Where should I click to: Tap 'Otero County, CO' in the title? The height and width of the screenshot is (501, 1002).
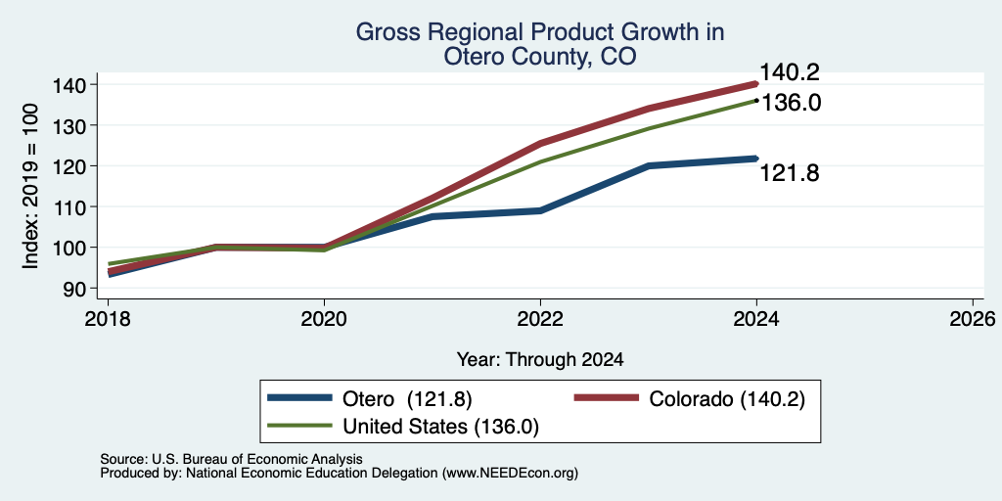point(540,56)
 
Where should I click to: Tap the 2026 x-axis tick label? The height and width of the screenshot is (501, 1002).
point(973,319)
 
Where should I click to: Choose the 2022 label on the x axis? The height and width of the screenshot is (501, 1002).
point(540,319)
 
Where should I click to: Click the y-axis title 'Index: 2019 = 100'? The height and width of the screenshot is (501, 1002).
point(30,187)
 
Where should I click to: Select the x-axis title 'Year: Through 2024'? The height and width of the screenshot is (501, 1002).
point(540,360)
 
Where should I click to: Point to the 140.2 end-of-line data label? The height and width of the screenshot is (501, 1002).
point(790,72)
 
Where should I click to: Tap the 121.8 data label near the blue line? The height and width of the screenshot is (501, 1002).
point(790,173)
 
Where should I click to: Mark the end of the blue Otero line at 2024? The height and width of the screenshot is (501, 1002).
point(756,159)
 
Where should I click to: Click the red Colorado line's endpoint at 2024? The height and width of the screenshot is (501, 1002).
point(756,84)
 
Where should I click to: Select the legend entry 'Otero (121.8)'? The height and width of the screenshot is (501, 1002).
point(370,398)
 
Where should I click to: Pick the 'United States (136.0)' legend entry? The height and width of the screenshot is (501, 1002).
point(403,427)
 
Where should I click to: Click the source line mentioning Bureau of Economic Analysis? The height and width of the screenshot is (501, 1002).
point(232,459)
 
